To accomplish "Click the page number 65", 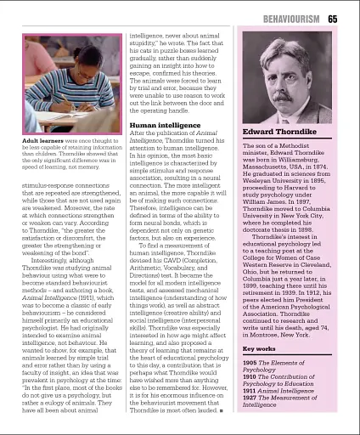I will tap(332, 19).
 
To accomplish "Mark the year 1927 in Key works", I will tap(251, 398).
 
